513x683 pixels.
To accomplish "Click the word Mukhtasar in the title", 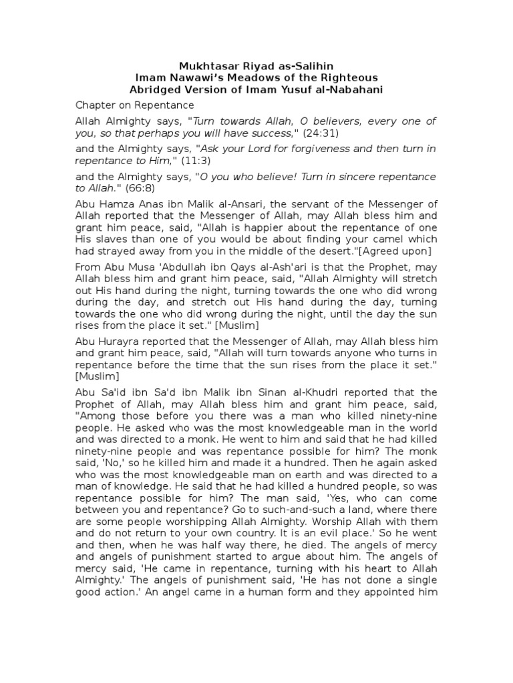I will (204, 66).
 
